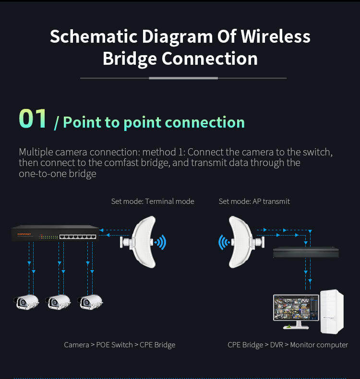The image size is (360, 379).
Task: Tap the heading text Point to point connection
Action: [154, 122]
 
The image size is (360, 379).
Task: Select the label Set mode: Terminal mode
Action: [153, 201]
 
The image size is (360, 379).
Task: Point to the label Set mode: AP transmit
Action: [254, 201]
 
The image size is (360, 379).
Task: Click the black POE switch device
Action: [55, 234]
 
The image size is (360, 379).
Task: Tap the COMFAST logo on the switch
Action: [24, 235]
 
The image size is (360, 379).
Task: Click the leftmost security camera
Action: [26, 301]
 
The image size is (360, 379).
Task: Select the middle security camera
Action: [58, 301]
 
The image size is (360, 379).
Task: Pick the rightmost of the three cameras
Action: [91, 301]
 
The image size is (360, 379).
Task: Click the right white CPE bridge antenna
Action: [244, 242]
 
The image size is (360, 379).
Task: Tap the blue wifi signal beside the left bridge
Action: [161, 242]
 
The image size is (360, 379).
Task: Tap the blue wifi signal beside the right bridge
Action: [223, 242]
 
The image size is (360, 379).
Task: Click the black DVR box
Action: [305, 252]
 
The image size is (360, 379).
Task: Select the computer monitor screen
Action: [296, 308]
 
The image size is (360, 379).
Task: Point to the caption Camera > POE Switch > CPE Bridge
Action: [120, 345]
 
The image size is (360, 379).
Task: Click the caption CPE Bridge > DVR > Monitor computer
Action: [288, 345]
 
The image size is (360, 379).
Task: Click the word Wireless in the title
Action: [276, 37]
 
